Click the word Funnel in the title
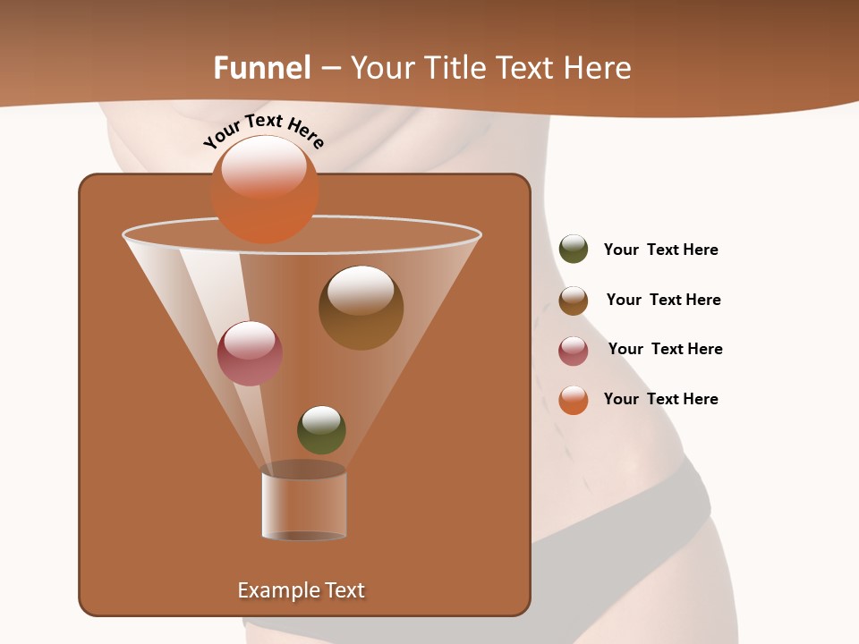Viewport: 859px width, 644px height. point(262,68)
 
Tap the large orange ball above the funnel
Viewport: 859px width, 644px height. point(265,189)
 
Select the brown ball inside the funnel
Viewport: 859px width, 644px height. point(361,307)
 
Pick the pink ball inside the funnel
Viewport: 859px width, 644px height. point(250,353)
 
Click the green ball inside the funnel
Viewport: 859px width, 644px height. point(321,429)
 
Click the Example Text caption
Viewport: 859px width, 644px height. point(301,590)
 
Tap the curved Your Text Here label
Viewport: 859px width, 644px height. point(264,129)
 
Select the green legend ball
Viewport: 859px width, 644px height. point(574,249)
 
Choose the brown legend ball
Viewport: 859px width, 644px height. point(574,301)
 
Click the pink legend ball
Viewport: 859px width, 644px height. point(574,351)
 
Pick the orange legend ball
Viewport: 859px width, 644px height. point(574,400)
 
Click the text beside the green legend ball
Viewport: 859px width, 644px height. point(660,250)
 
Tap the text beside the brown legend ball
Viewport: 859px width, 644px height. point(663,300)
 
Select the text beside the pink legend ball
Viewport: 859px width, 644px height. point(665,349)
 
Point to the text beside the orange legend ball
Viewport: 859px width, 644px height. point(660,399)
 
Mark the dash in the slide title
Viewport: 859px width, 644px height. point(329,69)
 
